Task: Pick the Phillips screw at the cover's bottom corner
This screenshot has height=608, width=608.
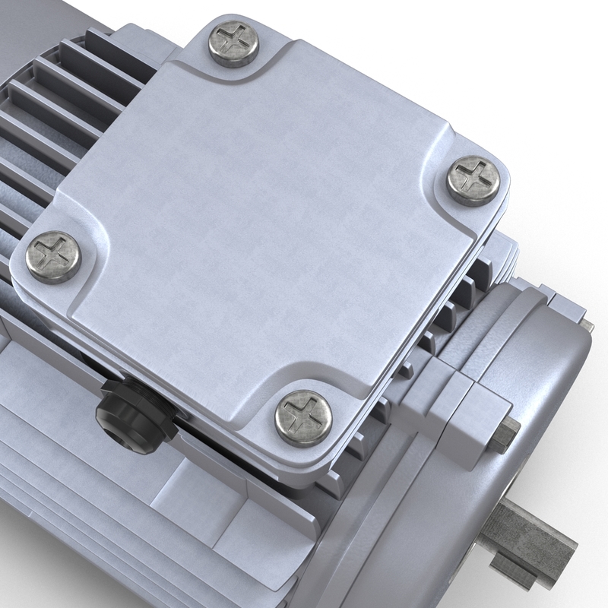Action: pyautogui.click(x=302, y=416)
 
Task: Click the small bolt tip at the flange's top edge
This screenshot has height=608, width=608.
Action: pyautogui.click(x=587, y=326)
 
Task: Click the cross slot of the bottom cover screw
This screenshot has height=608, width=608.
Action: pyautogui.click(x=302, y=416)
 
